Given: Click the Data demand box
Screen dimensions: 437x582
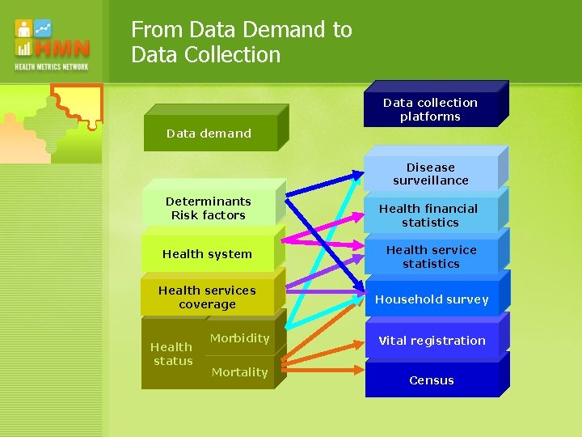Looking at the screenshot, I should (209, 134).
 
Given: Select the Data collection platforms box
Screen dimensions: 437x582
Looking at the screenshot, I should (430, 109).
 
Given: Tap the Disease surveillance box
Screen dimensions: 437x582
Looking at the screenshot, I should (430, 174).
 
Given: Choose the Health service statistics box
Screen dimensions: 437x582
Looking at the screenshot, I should (431, 257).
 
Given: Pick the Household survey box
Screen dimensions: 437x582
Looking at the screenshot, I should (431, 299).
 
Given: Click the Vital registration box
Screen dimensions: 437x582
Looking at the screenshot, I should (431, 341).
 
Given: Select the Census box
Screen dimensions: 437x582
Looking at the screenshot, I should (431, 380).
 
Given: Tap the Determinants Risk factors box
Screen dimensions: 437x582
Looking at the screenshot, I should (208, 208).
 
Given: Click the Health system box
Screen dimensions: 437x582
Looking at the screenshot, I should (207, 254).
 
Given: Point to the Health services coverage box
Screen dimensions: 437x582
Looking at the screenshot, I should (207, 297).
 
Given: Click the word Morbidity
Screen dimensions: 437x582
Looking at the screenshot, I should (239, 338).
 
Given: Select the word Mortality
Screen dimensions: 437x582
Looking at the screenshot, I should (239, 372).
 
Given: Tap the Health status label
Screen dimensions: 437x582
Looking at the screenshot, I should (172, 354).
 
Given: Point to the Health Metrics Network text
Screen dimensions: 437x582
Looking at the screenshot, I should (51, 66).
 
